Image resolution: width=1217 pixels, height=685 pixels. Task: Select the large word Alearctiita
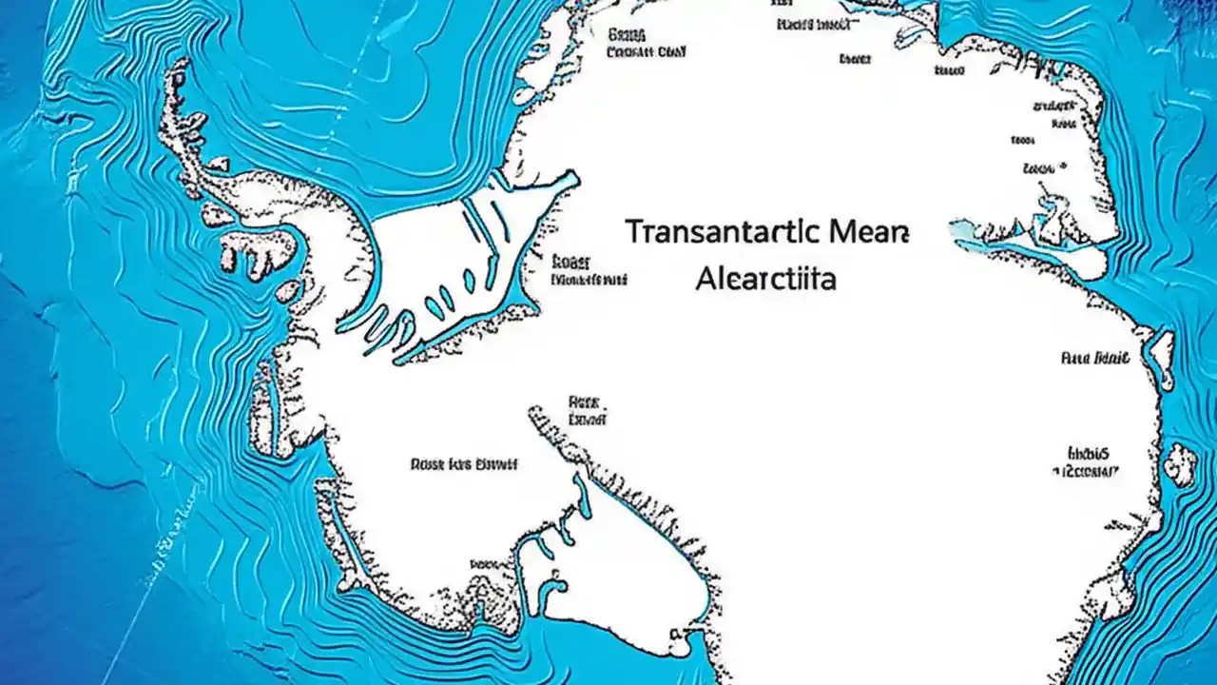[765, 280]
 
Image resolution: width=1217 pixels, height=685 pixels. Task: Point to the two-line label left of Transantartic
[588, 271]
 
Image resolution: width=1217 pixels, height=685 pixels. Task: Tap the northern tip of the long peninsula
[177, 67]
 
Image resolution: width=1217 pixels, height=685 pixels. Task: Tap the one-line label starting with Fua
[1094, 359]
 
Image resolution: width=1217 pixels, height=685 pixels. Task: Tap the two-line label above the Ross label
[587, 410]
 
